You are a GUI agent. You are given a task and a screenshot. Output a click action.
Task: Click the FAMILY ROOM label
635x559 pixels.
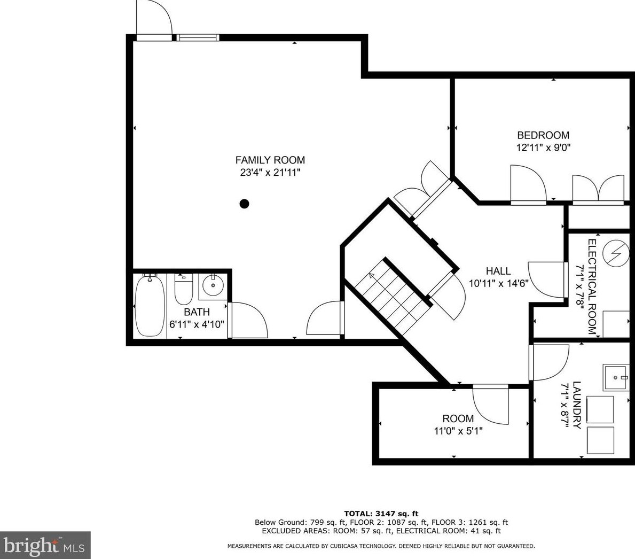pyautogui.click(x=270, y=160)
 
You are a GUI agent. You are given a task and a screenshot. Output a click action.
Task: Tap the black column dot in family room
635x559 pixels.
pyautogui.click(x=244, y=203)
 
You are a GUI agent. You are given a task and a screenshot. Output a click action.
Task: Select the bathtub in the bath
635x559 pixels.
pyautogui.click(x=150, y=305)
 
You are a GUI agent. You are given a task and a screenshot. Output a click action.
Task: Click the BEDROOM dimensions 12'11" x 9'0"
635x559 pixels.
pyautogui.click(x=543, y=148)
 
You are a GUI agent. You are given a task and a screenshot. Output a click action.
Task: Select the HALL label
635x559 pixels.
pyautogui.click(x=498, y=271)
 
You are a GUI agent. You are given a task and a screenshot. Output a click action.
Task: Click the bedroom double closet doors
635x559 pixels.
pyautogui.click(x=598, y=188)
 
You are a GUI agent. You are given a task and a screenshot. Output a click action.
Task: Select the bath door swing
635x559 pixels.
pyautogui.click(x=249, y=320)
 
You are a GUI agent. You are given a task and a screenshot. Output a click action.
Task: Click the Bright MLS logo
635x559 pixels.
pyautogui.click(x=45, y=545)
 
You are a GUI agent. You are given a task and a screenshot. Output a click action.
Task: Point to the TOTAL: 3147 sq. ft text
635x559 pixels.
pyautogui.click(x=381, y=514)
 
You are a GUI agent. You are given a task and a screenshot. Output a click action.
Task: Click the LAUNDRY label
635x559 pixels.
pyautogui.click(x=576, y=405)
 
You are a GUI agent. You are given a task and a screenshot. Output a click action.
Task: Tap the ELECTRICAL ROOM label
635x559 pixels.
pyautogui.click(x=592, y=286)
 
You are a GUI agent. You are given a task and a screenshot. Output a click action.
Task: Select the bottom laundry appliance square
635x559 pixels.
pyautogui.click(x=601, y=439)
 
